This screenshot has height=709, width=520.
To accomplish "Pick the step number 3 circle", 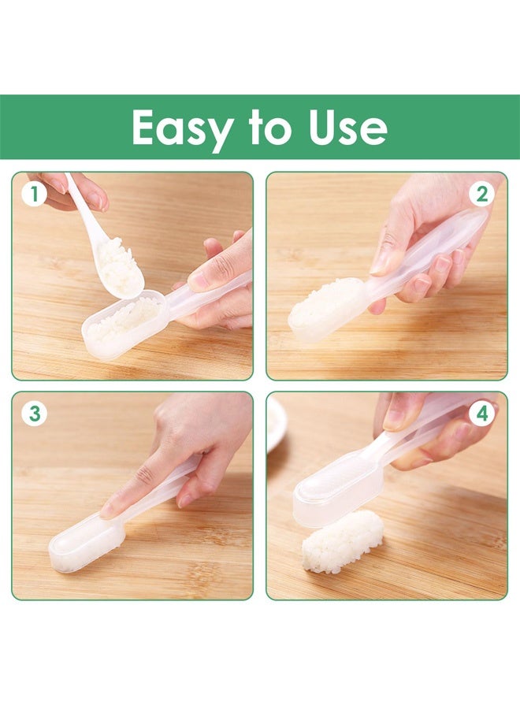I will click(x=33, y=413).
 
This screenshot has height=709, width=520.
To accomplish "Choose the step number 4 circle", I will click(x=482, y=413).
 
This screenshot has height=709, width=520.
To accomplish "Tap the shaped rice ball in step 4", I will click(x=342, y=540).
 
